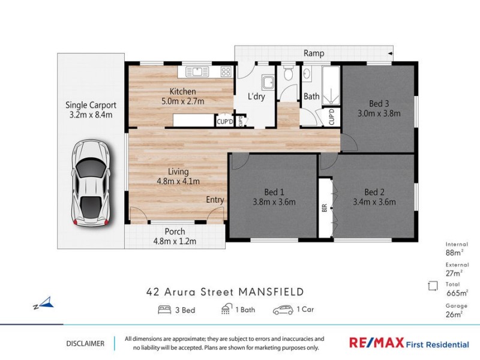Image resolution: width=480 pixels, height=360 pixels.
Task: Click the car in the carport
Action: coord(91,182)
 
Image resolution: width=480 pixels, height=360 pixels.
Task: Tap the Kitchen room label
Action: coord(182,91)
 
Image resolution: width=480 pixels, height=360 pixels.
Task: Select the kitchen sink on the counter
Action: coord(196,71)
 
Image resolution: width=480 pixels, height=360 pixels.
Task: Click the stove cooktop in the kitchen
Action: coord(226,71)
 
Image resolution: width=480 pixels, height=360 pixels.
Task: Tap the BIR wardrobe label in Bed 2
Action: coord(324,208)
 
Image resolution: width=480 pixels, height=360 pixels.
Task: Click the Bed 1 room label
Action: coord(274,192)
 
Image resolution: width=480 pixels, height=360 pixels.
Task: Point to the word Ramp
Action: coord(314,53)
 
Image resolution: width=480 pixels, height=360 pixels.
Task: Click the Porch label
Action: coord(175,232)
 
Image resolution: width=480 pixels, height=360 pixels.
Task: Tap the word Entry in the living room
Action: coord(215,200)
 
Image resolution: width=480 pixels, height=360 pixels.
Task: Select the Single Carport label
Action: coord(91,105)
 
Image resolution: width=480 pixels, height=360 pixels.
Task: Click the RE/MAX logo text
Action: coord(377,343)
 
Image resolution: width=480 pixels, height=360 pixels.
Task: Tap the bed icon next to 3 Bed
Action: coord(164,310)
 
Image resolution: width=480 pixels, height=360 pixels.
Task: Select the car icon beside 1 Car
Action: coord(283,310)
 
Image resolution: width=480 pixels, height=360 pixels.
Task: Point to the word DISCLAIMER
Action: coord(85,344)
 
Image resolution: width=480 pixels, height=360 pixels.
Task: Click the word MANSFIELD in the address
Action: coord(271,292)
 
